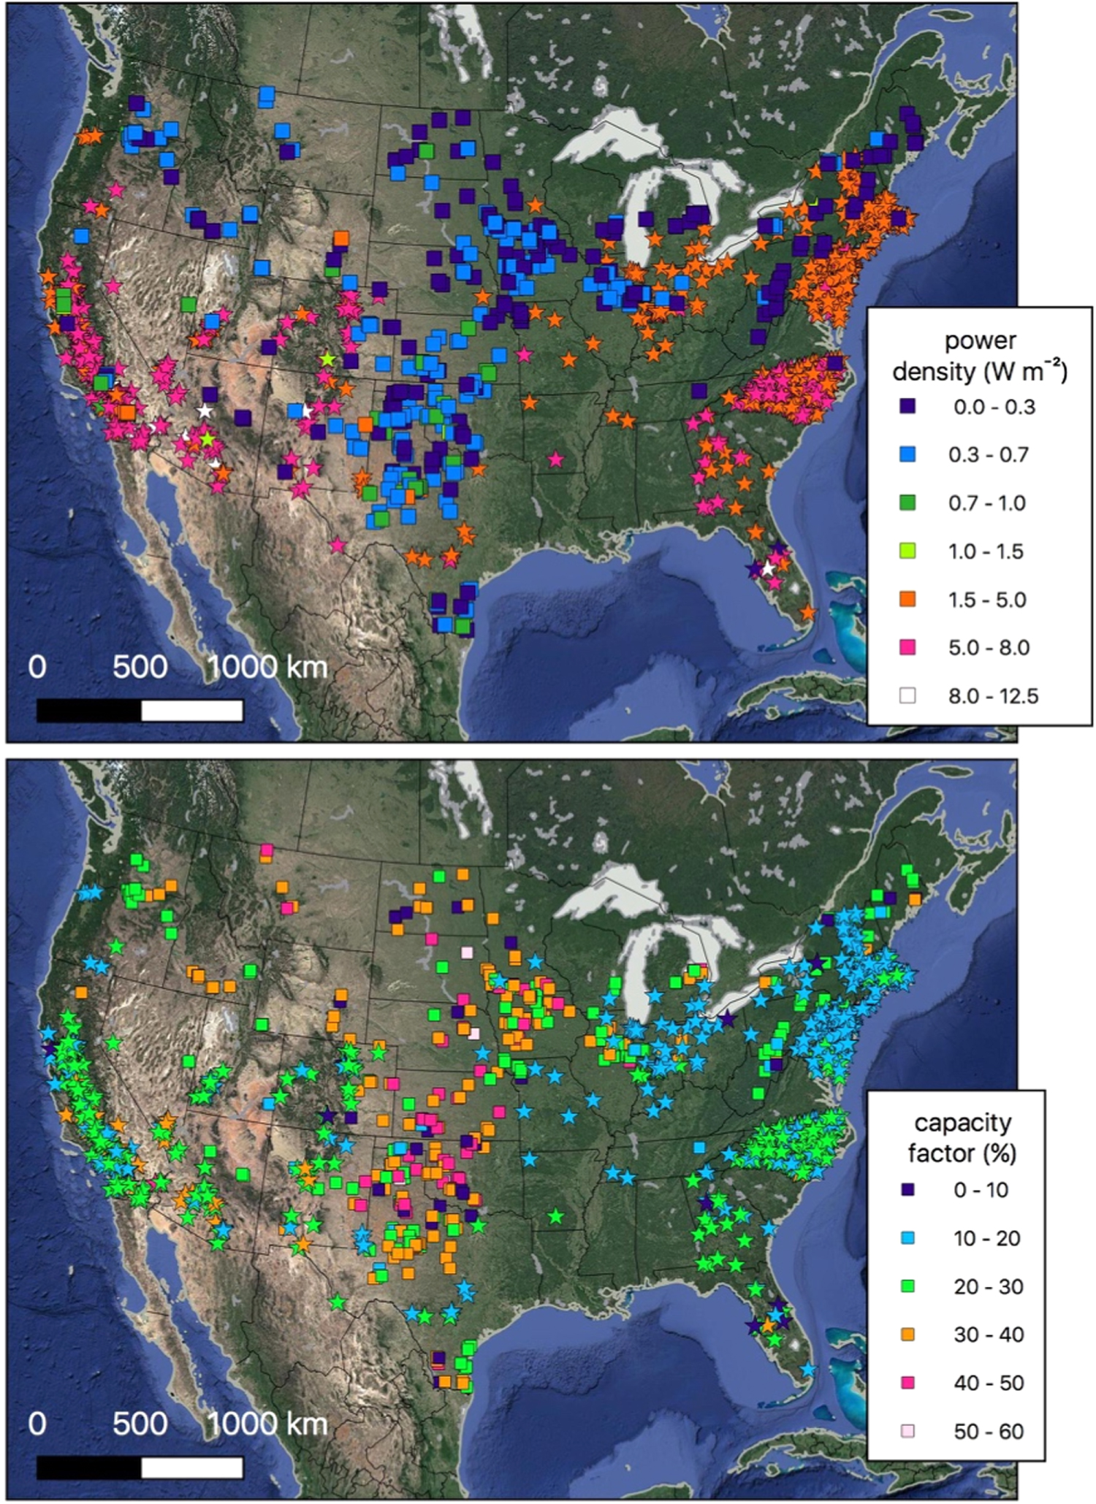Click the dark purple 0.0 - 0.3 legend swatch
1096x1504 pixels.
(x=907, y=406)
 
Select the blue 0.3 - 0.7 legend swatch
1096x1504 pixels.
(x=907, y=454)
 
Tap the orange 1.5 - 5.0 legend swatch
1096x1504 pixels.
(x=907, y=599)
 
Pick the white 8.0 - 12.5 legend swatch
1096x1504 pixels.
(x=907, y=695)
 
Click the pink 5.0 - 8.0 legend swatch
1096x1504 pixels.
(x=907, y=647)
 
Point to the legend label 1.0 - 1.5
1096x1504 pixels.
(x=986, y=551)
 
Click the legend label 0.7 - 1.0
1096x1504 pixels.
(x=987, y=503)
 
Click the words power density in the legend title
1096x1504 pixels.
(x=980, y=356)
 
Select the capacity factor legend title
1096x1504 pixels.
(x=962, y=1137)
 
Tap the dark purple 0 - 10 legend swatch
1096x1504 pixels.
(x=907, y=1190)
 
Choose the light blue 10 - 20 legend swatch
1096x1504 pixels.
(x=907, y=1238)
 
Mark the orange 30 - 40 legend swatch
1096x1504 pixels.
(x=907, y=1335)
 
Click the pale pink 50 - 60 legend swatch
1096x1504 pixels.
(x=907, y=1431)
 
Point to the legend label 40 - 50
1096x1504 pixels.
(x=988, y=1383)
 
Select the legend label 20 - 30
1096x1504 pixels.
(x=988, y=1286)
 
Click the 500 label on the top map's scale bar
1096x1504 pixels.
(x=140, y=667)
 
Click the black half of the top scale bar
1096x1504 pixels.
(x=88, y=710)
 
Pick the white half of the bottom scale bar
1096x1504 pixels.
(x=191, y=1467)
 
